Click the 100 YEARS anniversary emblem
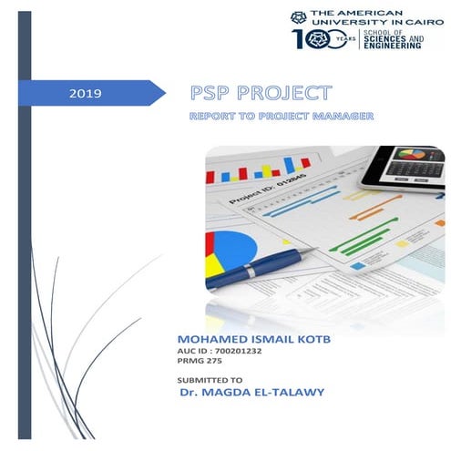[323, 38]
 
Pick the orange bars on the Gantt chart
[379, 214]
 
